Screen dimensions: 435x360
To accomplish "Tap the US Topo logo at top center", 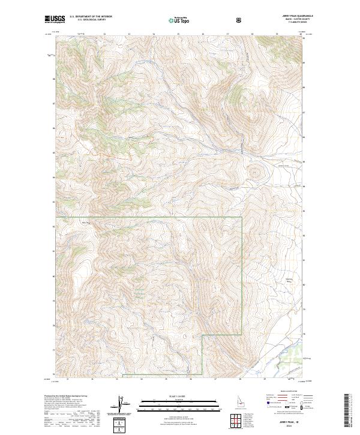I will pyautogui.click(x=181, y=19).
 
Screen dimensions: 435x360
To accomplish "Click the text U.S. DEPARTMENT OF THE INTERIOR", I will pyautogui.click(x=92, y=17).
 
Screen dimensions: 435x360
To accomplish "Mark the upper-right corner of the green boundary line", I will pyautogui.click(x=242, y=217).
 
